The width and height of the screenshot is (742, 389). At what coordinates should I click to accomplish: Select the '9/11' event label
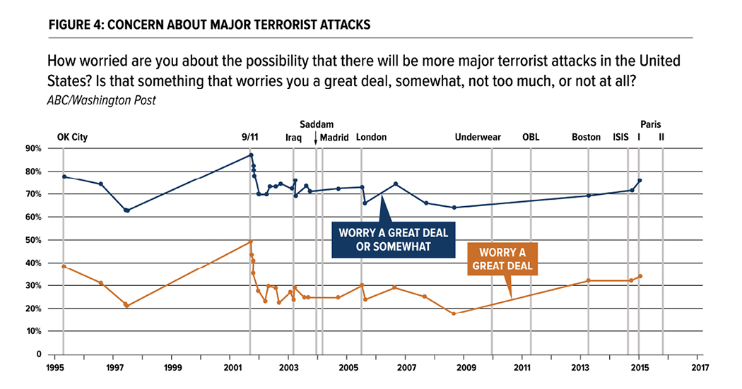point(249,138)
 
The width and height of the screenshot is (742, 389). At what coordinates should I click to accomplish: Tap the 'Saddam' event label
point(317,124)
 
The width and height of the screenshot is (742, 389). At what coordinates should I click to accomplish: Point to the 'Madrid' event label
point(334,138)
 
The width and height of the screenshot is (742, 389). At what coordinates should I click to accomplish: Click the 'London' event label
point(372,138)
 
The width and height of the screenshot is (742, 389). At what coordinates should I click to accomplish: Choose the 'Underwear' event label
point(478,138)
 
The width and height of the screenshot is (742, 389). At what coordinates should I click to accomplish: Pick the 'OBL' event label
point(531,138)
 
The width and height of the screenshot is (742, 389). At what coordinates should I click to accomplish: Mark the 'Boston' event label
point(587,138)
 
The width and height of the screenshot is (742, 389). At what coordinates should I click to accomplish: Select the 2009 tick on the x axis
point(464,368)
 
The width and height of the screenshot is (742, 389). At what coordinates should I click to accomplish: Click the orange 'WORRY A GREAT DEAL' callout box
point(503,260)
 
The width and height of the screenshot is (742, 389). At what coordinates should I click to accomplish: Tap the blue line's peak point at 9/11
point(251,155)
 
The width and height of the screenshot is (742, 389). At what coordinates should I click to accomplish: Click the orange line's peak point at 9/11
point(250,241)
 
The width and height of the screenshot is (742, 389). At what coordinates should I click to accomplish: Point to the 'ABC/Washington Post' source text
point(101,100)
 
